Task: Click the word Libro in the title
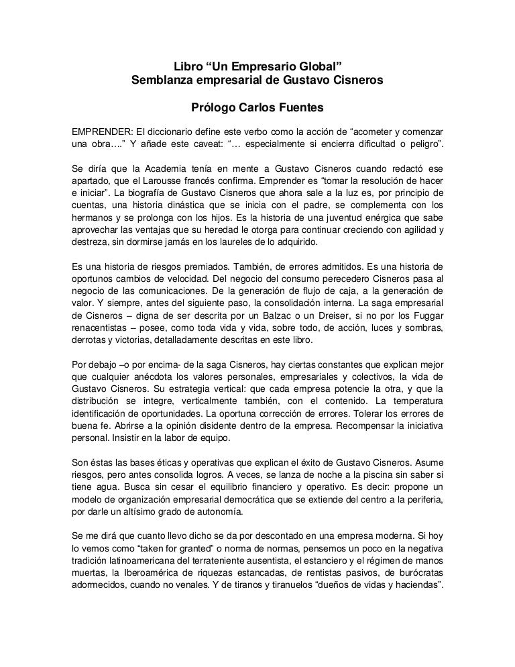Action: [x=188, y=68]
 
